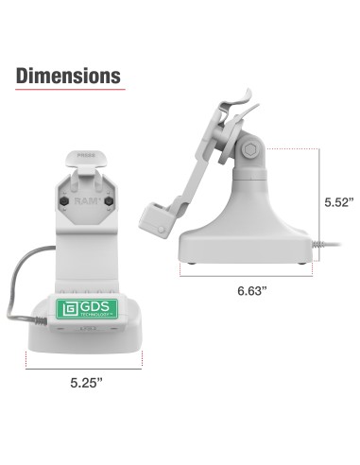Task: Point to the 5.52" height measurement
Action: pos(338,202)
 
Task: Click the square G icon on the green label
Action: pos(69,311)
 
